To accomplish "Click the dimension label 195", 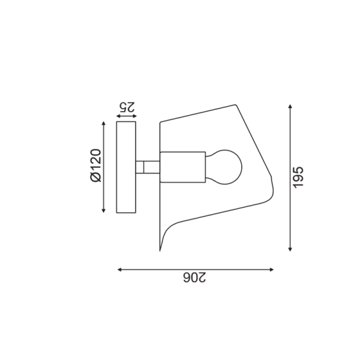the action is [298, 178].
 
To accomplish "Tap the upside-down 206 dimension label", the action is [194, 277].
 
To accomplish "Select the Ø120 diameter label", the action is [96, 166].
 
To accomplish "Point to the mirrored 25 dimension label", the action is [127, 107].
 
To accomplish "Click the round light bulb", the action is [224, 167].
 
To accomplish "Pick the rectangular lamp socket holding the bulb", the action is [183, 167].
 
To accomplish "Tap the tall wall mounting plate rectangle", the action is [126, 167].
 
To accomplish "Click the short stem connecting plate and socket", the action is [148, 167].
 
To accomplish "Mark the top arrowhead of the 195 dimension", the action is [290, 106].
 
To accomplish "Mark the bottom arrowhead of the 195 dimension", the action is [290, 250].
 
